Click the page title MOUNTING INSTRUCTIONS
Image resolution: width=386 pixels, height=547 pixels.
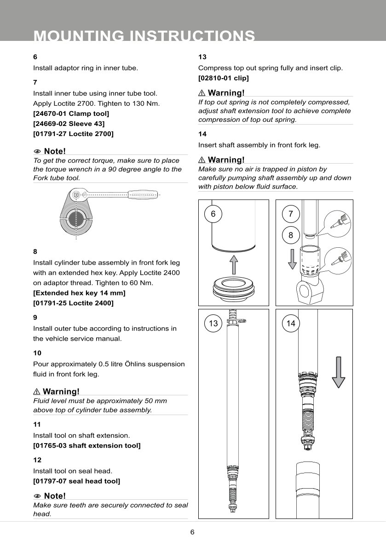coord(144,35)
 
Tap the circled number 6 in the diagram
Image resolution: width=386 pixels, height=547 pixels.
coord(213,214)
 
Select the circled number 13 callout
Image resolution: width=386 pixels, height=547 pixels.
coord(213,324)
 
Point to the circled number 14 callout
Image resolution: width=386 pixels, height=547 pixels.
coord(291,324)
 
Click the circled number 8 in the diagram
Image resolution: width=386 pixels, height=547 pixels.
coord(291,235)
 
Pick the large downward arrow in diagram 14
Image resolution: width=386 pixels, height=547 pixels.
coord(338,372)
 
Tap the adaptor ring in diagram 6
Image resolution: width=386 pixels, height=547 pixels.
coord(233,287)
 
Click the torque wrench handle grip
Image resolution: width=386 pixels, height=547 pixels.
coord(144,194)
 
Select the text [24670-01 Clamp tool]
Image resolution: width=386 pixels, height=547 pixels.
coord(71,114)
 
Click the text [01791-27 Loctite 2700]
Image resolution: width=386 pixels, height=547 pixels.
coord(73,134)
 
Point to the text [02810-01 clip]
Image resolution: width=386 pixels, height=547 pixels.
coord(223,78)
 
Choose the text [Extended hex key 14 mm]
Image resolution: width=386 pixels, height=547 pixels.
coord(79,293)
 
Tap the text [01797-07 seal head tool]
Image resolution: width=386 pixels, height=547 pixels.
coord(76,481)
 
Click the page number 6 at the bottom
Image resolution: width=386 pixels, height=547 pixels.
coord(192,532)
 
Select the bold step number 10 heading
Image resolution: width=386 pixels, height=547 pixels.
coord(37,353)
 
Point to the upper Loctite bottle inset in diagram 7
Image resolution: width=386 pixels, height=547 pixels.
coord(337,224)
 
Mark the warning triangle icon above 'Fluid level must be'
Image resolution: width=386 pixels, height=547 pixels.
coord(37,392)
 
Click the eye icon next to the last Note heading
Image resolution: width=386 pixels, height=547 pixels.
coord(37,496)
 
